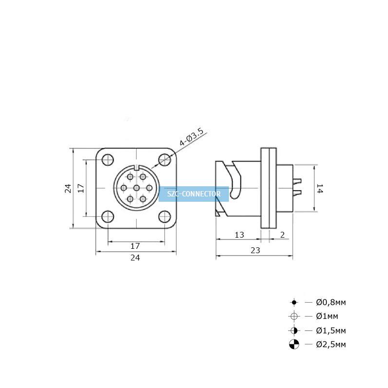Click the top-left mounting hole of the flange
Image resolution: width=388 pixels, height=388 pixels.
click(x=108, y=160)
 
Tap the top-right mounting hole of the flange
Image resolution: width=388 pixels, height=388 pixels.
click(x=164, y=160)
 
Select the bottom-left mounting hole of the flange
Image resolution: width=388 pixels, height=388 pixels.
click(x=108, y=216)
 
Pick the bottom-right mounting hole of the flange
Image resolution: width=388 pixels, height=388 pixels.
click(x=164, y=216)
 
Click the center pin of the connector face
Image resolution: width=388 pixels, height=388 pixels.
click(x=136, y=188)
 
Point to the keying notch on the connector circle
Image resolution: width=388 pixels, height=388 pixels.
click(x=136, y=167)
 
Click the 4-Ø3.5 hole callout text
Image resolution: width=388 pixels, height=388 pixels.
click(x=192, y=137)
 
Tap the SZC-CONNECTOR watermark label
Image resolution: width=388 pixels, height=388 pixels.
click(x=194, y=194)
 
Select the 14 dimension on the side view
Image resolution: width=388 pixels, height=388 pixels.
click(x=320, y=188)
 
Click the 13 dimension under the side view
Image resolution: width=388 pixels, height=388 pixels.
click(x=239, y=235)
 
